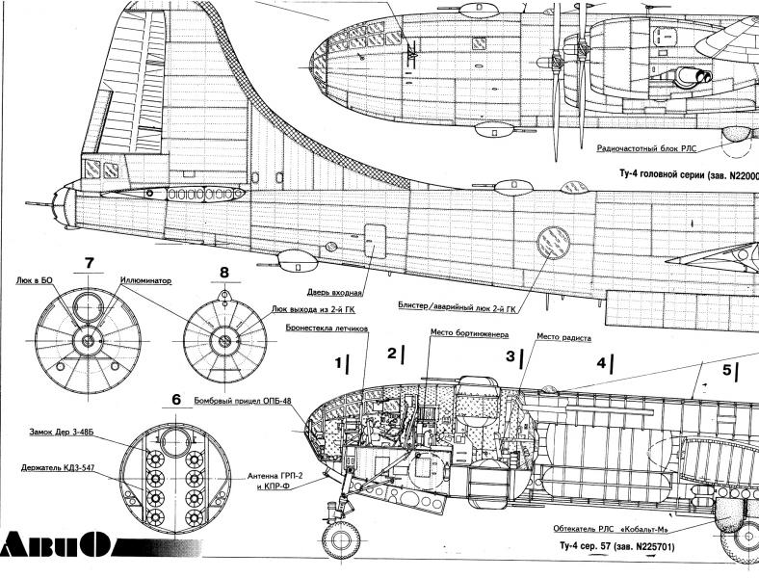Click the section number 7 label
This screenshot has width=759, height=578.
click(x=89, y=263)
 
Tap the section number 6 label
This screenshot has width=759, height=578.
click(x=175, y=400)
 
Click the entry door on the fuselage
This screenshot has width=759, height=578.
click(x=376, y=241)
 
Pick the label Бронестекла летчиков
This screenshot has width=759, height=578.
click(x=327, y=328)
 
